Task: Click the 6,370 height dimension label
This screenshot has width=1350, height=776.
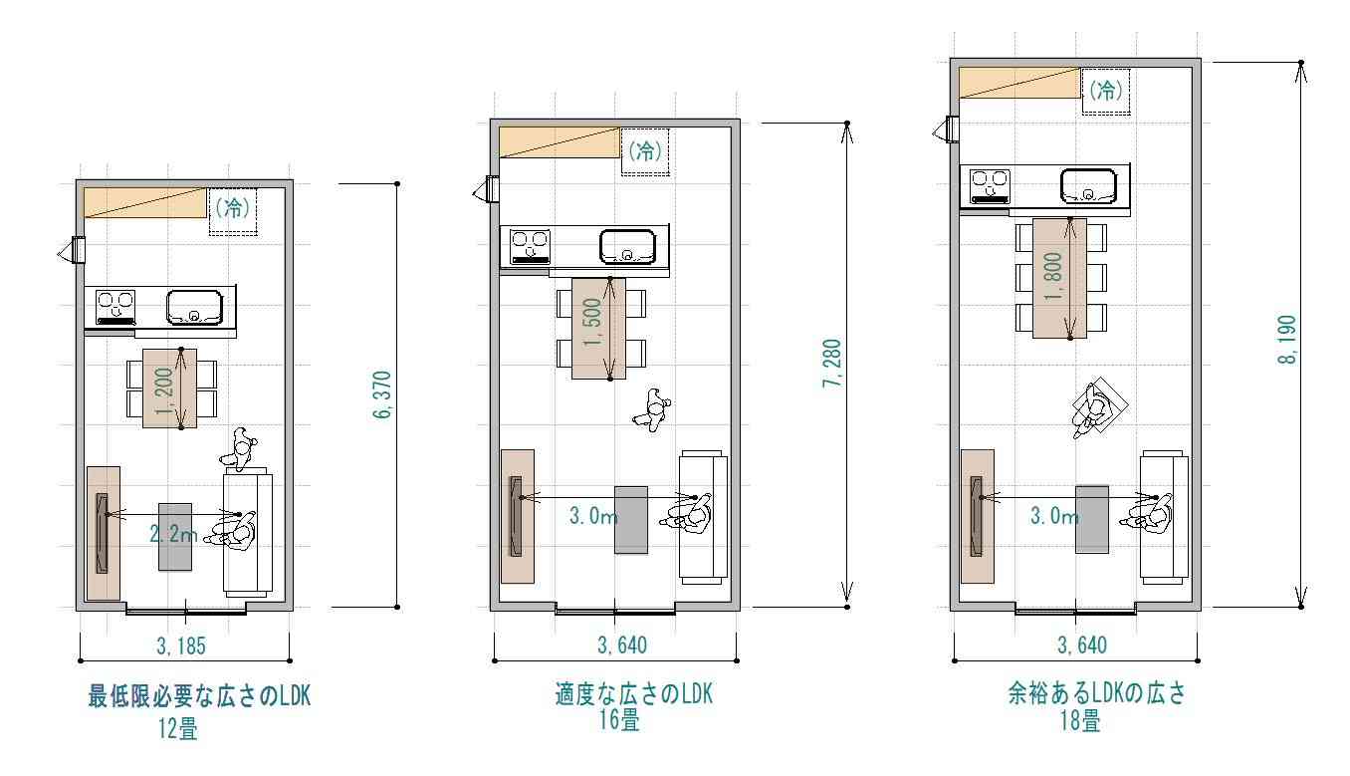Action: [x=382, y=394]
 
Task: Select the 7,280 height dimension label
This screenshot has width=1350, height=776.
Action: [x=832, y=364]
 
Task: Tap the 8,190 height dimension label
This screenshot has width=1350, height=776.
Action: [x=1286, y=340]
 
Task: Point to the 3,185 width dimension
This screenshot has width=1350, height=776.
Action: [x=181, y=647]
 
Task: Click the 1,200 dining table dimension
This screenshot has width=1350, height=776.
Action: [x=164, y=391]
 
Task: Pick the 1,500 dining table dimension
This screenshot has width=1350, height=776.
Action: [x=593, y=322]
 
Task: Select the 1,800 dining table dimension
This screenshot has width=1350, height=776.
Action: [x=1053, y=277]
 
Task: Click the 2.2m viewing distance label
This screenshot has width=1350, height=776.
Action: [x=173, y=534]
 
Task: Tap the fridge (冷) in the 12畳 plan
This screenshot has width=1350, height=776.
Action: [x=233, y=211]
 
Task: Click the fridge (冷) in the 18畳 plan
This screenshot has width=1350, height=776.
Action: [x=1106, y=91]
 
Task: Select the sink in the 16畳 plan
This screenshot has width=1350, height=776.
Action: [x=627, y=247]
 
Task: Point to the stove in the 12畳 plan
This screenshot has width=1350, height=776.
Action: [x=115, y=308]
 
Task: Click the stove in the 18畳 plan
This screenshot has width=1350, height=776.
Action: [x=990, y=187]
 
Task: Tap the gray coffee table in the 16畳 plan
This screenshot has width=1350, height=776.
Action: [x=631, y=520]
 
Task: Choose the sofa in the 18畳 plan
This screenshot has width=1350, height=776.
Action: [x=1164, y=517]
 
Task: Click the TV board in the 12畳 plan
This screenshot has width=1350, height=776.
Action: [x=104, y=534]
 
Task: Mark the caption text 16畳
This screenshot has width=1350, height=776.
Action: [x=619, y=720]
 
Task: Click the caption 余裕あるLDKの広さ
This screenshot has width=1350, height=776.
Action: [x=1097, y=693]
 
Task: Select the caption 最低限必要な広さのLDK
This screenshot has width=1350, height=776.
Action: [x=199, y=696]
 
